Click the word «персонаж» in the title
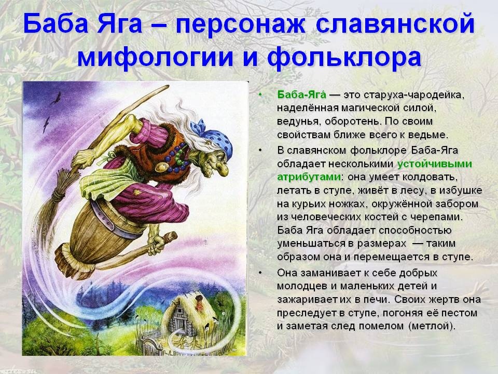[x=240, y=24]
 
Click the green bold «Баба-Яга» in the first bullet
[x=301, y=95]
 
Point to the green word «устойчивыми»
[x=435, y=164]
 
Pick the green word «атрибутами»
[x=309, y=177]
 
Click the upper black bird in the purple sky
[x=57, y=98]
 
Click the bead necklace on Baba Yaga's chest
[x=178, y=158]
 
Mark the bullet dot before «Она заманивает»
[x=260, y=273]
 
